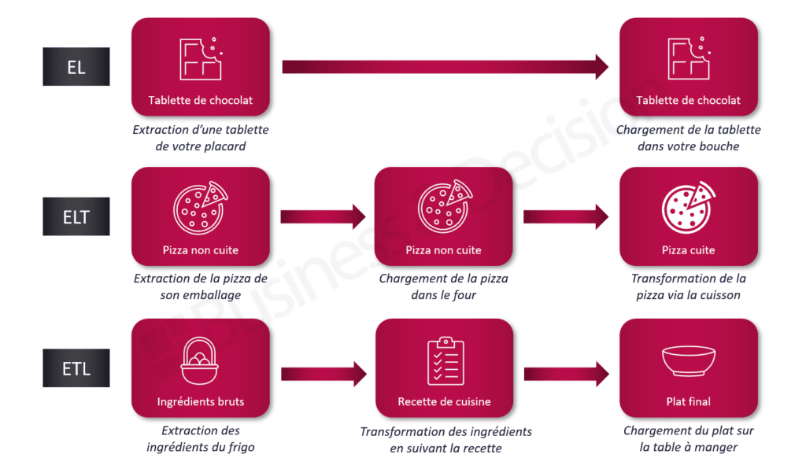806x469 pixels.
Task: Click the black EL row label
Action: click(76, 67)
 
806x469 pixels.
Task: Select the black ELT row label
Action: click(76, 216)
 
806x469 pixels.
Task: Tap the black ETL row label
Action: click(76, 367)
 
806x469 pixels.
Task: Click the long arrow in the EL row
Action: click(445, 67)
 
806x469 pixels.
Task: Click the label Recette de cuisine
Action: click(445, 402)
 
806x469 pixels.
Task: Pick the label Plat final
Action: click(689, 402)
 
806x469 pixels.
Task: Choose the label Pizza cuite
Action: click(689, 250)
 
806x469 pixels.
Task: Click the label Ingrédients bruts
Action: click(201, 402)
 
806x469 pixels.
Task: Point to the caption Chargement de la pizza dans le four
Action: click(444, 287)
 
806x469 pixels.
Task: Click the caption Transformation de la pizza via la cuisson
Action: click(689, 287)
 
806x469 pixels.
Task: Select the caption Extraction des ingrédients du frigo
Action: click(201, 439)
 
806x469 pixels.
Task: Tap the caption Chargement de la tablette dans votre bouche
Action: click(689, 138)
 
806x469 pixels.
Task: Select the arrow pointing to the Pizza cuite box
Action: click(566, 216)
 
